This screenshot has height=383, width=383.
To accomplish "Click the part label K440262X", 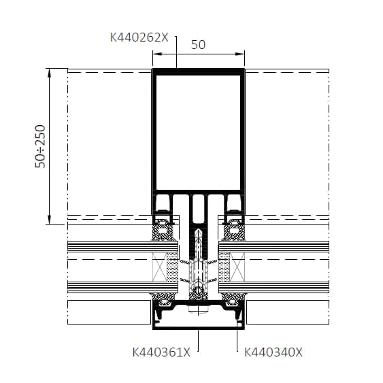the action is (139, 37).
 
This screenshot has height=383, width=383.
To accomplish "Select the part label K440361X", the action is (161, 352).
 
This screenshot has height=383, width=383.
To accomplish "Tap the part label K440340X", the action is (273, 352).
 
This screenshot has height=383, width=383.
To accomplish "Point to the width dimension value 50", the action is (199, 45).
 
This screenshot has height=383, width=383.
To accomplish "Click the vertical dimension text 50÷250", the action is (40, 146).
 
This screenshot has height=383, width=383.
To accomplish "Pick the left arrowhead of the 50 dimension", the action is (157, 54).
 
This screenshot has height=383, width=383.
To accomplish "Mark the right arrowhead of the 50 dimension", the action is (240, 54).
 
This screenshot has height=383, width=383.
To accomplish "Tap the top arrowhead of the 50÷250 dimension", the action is (50, 73).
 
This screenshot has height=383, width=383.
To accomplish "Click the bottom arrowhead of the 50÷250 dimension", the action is (50, 220).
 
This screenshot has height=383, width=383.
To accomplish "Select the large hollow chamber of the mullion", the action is (199, 132).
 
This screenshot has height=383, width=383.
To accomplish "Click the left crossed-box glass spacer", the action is (160, 267).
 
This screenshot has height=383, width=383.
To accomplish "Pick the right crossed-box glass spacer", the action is (237, 267).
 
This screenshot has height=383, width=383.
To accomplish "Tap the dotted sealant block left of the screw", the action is (173, 267).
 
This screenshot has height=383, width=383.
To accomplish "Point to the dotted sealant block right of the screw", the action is (224, 267).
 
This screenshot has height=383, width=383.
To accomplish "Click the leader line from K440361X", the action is (198, 341).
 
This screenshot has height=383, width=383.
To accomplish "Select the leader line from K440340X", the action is (237, 336).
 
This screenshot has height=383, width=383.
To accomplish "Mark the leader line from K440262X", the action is (176, 52).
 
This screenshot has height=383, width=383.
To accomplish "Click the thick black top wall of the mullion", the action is (199, 71).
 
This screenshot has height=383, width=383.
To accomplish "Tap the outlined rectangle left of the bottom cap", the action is (109, 312).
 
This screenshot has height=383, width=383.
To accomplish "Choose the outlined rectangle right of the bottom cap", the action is (288, 312).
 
